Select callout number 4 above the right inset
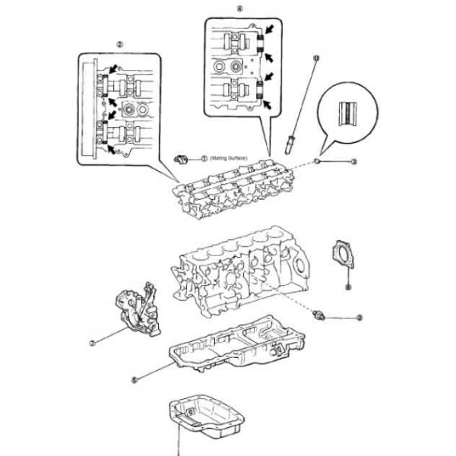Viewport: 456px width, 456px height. tap(239, 9)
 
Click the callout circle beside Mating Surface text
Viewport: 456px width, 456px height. tap(204, 158)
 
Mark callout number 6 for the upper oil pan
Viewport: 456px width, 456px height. tap(134, 377)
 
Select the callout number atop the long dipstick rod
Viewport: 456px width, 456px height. tap(316, 59)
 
